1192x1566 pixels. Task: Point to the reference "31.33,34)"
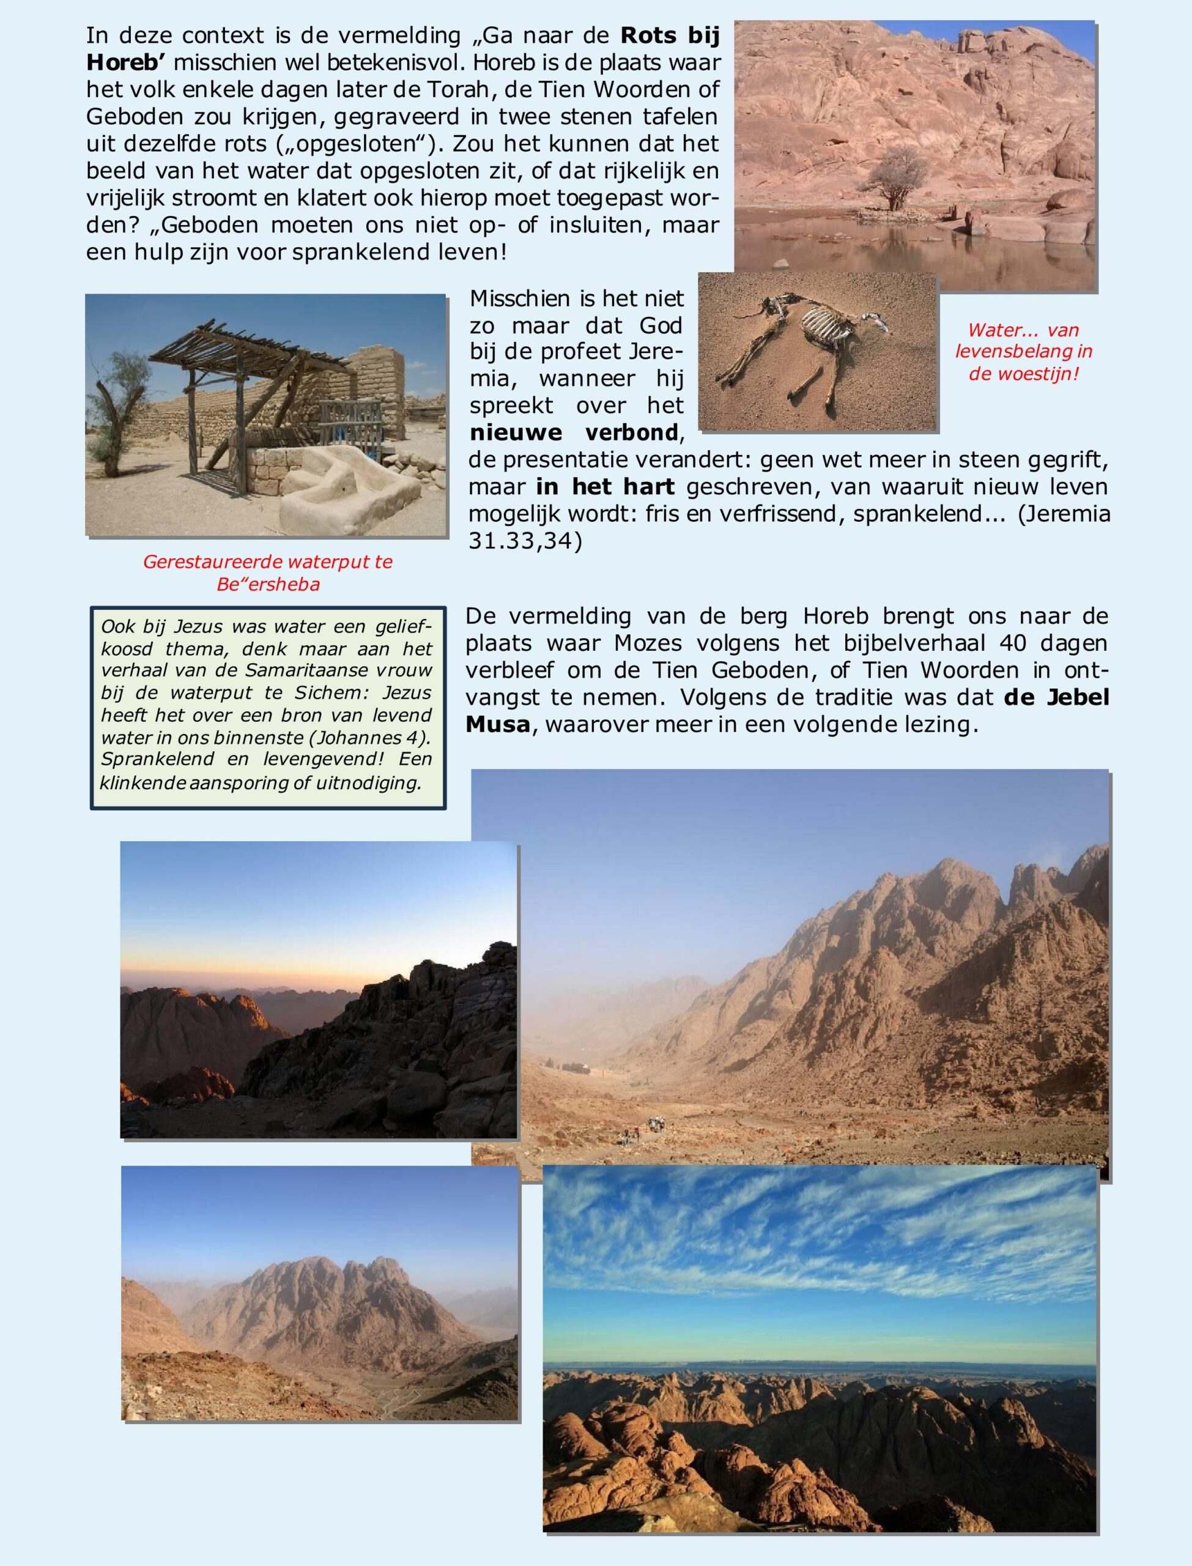coord(525,541)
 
